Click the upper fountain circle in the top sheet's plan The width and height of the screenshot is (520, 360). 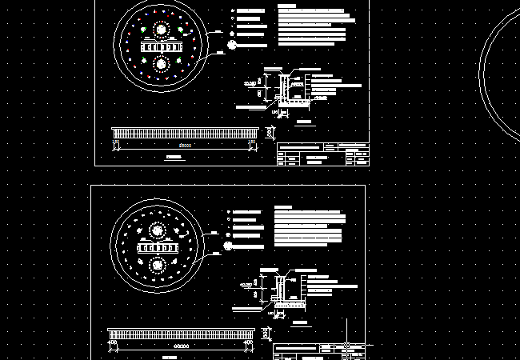click(x=160, y=30)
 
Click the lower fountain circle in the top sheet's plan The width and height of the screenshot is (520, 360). click(x=160, y=63)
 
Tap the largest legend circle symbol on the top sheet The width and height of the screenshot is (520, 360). click(x=232, y=46)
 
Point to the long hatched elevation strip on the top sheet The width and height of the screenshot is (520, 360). click(x=185, y=132)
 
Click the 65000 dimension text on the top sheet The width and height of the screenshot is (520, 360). click(x=186, y=146)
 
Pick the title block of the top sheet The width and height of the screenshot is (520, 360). click(x=322, y=154)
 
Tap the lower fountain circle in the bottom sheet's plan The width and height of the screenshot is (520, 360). click(x=157, y=264)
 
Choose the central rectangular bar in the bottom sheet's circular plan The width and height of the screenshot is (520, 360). click(x=157, y=248)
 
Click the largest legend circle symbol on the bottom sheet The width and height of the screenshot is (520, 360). click(x=229, y=246)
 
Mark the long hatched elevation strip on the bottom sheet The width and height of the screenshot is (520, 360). click(x=182, y=333)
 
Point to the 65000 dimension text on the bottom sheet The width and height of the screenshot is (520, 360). click(x=182, y=346)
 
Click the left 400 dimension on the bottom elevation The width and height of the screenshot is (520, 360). click(x=113, y=343)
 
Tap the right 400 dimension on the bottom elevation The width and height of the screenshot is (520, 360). click(x=250, y=343)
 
